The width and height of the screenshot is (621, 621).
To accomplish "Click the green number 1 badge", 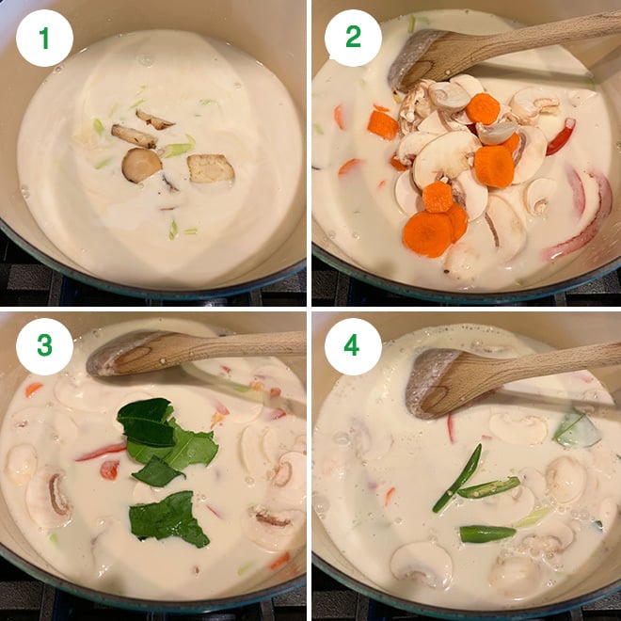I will pos(43,38).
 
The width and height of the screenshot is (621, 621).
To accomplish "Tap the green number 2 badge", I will pos(353,38).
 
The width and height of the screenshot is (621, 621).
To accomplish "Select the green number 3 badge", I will pos(43,345).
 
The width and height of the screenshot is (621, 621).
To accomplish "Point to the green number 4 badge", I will pos(353,345).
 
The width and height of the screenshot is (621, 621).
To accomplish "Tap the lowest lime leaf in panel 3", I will pos(169,518).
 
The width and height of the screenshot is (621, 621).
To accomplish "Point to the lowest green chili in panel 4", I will pos(486,533).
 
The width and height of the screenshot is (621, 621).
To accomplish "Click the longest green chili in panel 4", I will pos(457,478).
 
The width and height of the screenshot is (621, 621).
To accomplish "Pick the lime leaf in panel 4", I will pos(578,430).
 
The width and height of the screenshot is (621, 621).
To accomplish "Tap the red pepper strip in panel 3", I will pos(101,453).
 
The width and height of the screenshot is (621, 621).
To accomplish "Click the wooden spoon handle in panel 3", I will pos(245,342).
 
